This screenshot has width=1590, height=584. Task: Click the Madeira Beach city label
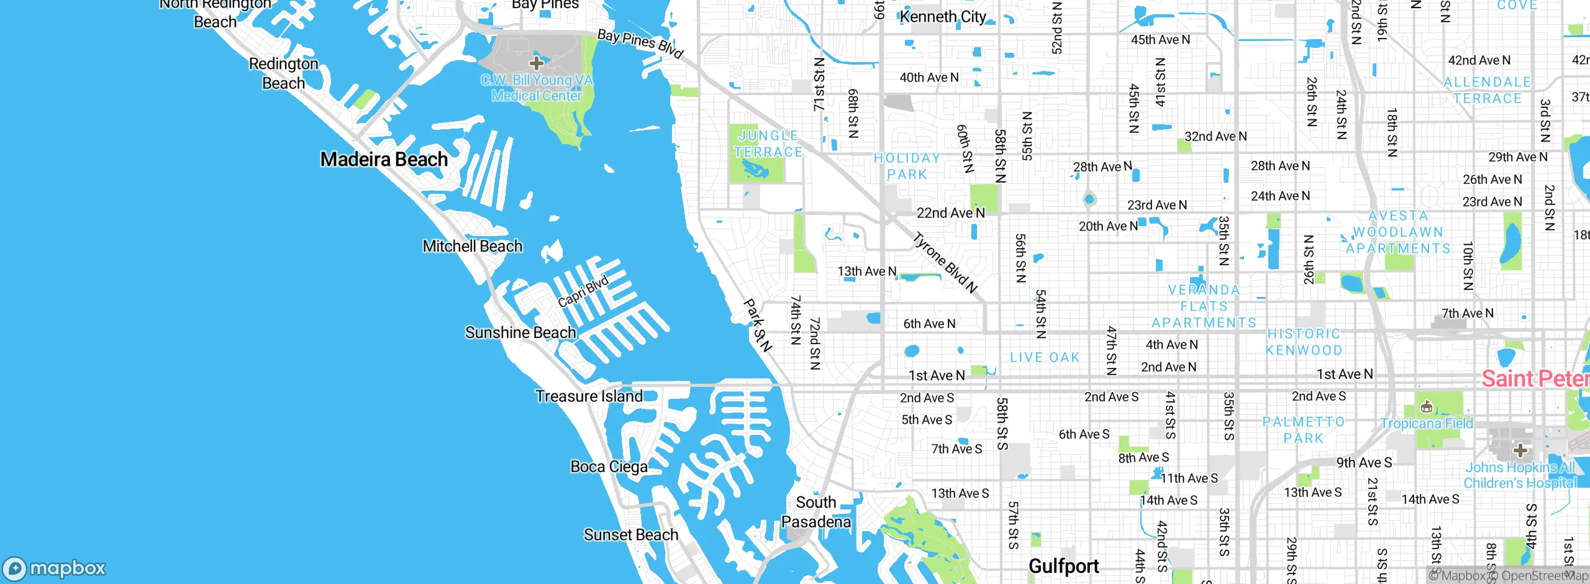tap(384, 160)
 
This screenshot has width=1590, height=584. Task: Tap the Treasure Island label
tap(588, 396)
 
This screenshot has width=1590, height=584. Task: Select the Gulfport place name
tap(1063, 566)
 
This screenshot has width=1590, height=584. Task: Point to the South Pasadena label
tap(816, 512)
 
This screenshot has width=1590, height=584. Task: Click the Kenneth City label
tap(942, 17)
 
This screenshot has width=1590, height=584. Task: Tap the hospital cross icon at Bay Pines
tap(537, 63)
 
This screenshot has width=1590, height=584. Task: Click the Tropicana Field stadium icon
tap(1427, 408)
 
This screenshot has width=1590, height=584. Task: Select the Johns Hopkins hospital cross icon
tap(1520, 450)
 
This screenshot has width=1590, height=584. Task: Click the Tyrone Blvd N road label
tap(945, 263)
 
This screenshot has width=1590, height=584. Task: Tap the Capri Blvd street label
tap(583, 292)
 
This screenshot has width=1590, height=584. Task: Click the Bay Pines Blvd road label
tap(640, 43)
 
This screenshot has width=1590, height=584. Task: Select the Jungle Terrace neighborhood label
tap(768, 144)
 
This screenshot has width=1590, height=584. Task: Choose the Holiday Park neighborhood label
tap(907, 167)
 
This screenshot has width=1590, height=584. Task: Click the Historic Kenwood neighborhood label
tap(1304, 342)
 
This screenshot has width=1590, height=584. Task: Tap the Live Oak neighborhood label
tap(1045, 358)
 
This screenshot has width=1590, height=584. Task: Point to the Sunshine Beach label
tap(520, 333)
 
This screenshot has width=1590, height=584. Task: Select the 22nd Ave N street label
tap(950, 213)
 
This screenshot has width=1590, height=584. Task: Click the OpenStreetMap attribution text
tap(1543, 576)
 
